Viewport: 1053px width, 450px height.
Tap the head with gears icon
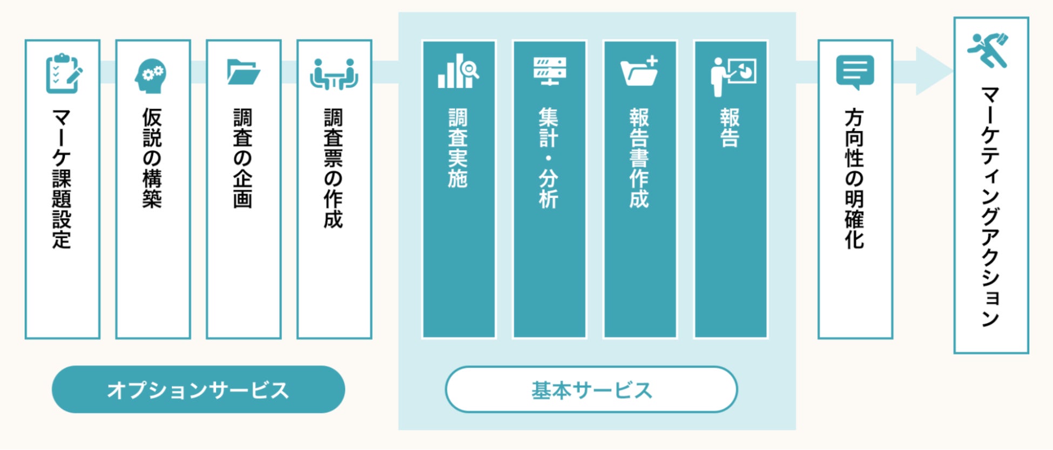pyautogui.click(x=151, y=75)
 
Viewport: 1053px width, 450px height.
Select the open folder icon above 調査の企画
pyautogui.click(x=244, y=72)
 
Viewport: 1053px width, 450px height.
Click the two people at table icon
pyautogui.click(x=334, y=74)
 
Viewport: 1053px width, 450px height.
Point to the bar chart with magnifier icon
pyautogui.click(x=458, y=71)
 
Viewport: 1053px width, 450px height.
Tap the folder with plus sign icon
pyautogui.click(x=639, y=71)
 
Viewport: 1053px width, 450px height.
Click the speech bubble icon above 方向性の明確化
pyautogui.click(x=855, y=72)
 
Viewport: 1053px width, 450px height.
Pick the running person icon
pyautogui.click(x=988, y=50)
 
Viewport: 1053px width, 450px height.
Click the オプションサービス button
pyautogui.click(x=198, y=389)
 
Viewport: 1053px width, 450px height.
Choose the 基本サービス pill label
pyautogui.click(x=591, y=389)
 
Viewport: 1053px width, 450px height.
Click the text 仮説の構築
pyautogui.click(x=152, y=158)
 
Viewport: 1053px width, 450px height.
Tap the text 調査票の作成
pyautogui.click(x=333, y=168)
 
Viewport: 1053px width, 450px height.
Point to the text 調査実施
pyautogui.click(x=458, y=148)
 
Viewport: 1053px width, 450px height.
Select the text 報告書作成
pyautogui.click(x=639, y=158)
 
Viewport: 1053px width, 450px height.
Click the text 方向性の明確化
pyautogui.click(x=854, y=178)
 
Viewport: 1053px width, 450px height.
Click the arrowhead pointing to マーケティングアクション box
pyautogui.click(x=933, y=71)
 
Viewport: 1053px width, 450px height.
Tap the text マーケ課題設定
pyautogui.click(x=62, y=178)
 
